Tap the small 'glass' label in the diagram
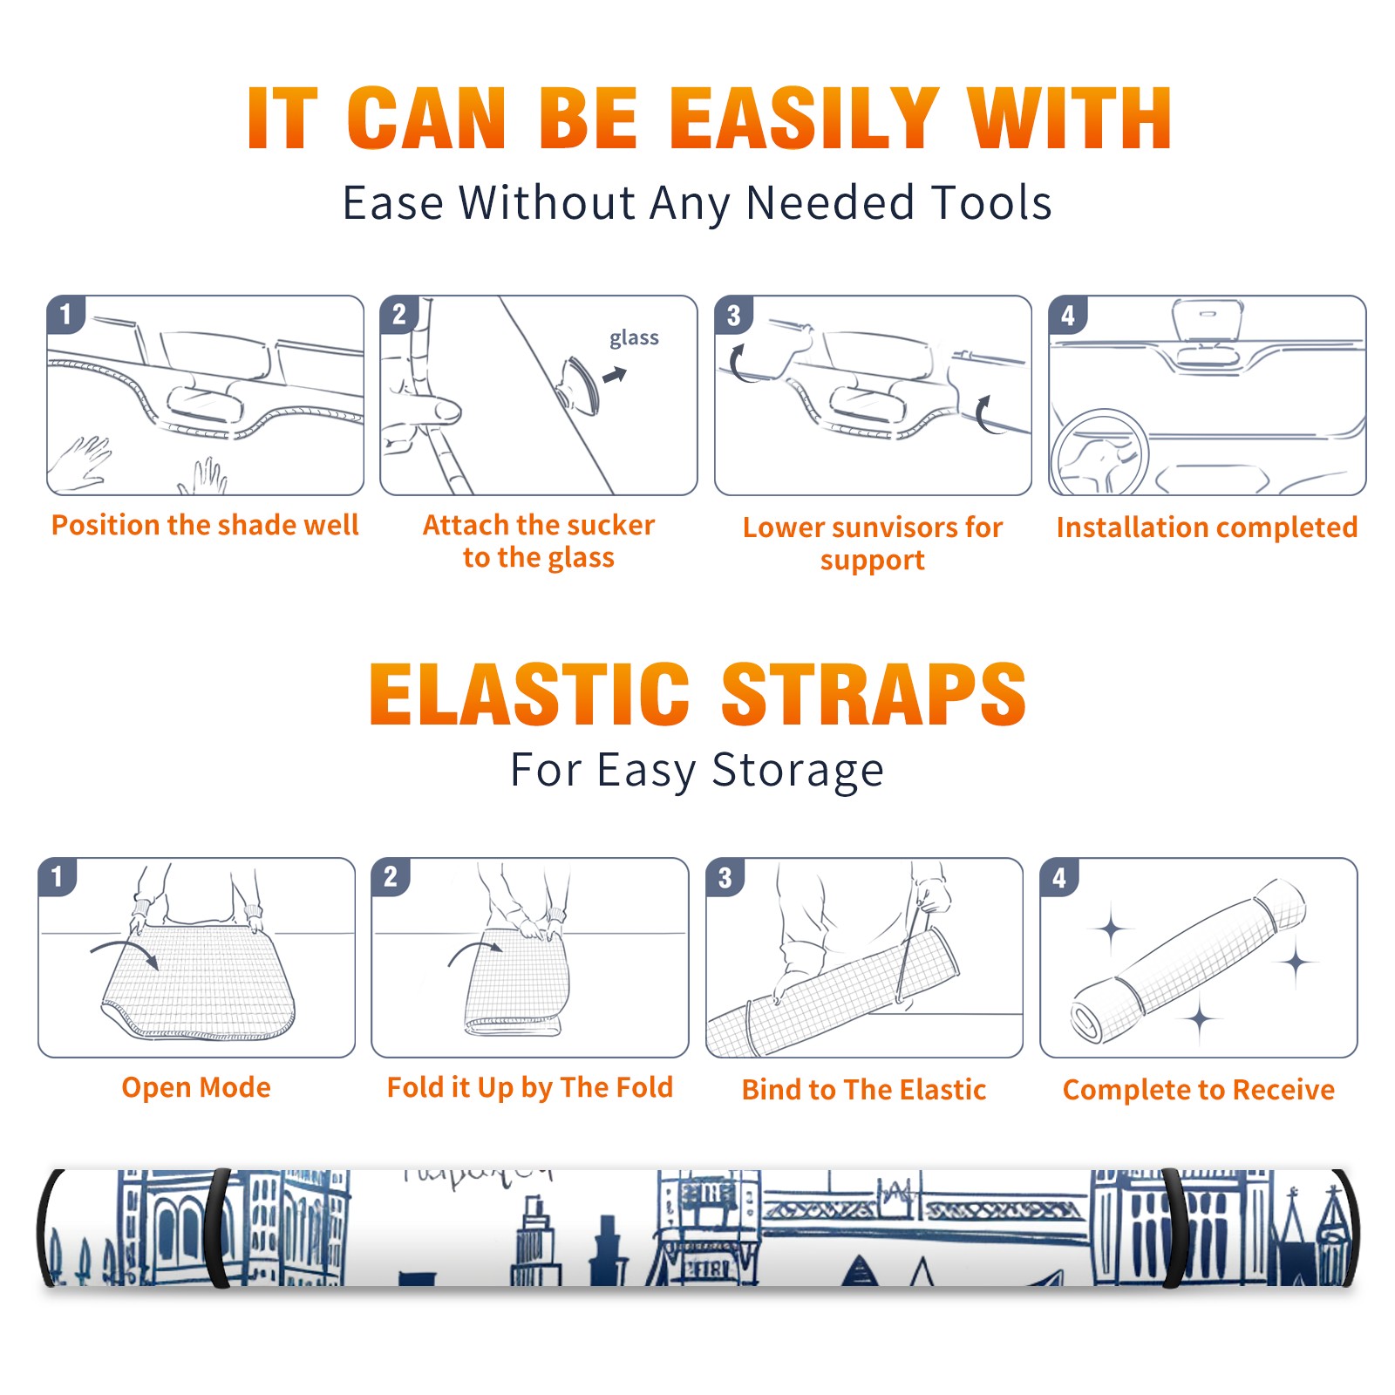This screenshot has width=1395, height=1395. tap(634, 338)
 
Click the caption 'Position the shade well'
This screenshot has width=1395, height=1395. tap(205, 525)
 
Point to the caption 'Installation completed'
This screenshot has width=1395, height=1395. tap(1207, 527)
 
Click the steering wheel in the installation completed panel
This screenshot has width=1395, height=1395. tap(1099, 453)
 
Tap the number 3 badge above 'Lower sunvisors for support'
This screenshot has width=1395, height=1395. tap(733, 315)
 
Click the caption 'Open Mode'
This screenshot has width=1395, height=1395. tap(196, 1087)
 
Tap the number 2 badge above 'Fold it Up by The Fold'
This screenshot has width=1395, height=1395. tap(390, 876)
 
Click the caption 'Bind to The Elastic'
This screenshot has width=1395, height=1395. tap(864, 1090)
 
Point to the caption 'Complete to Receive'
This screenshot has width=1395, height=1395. tap(1199, 1090)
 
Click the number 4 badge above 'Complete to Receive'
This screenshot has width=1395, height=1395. tap(1058, 877)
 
